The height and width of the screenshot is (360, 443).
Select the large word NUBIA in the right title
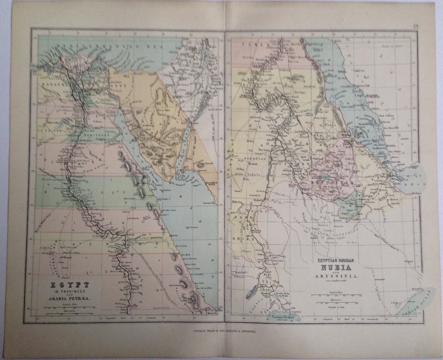click(335, 267)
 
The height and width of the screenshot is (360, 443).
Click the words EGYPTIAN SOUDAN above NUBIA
click(335, 260)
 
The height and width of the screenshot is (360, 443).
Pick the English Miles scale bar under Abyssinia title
click(334, 294)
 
